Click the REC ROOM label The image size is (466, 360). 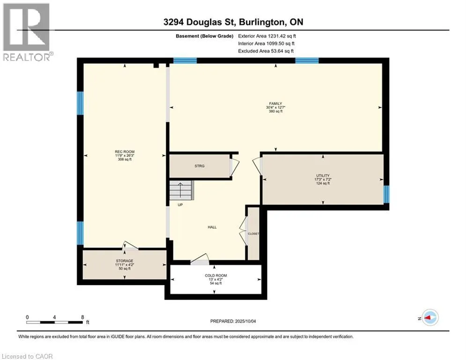(x=125, y=152)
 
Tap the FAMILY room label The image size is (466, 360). (x=275, y=104)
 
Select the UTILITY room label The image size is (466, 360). (x=323, y=175)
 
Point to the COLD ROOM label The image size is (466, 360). (x=216, y=276)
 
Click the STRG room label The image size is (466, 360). (x=200, y=166)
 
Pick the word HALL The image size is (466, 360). (x=212, y=227)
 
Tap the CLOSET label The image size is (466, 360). (x=253, y=233)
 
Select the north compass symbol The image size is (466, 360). (x=430, y=318)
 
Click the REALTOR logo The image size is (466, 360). (x=27, y=32)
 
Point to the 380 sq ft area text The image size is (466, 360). (x=275, y=111)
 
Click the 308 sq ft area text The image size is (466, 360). (x=125, y=159)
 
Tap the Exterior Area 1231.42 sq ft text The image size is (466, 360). (x=267, y=36)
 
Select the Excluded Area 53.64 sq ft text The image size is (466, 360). (x=266, y=51)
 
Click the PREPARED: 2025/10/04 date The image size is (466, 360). (x=233, y=321)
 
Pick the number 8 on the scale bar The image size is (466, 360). (x=82, y=317)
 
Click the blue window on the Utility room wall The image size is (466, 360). (x=386, y=194)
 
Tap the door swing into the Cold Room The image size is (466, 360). (x=200, y=259)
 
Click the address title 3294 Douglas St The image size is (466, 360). (x=200, y=22)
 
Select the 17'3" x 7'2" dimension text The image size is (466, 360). (x=323, y=180)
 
